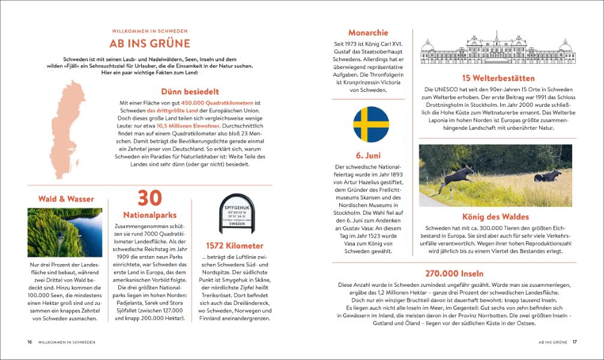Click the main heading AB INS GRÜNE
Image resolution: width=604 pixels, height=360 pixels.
point(149,43)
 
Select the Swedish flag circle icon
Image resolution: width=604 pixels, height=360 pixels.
point(371,125)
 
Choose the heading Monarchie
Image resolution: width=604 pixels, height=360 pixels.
point(368,32)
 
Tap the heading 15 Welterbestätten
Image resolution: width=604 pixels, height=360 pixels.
point(498,78)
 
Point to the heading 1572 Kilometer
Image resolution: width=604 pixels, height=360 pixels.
point(234,245)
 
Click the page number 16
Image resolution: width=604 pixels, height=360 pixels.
point(29,342)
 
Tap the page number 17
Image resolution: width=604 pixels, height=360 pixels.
point(575,342)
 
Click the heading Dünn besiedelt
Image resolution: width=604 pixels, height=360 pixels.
point(190,92)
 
